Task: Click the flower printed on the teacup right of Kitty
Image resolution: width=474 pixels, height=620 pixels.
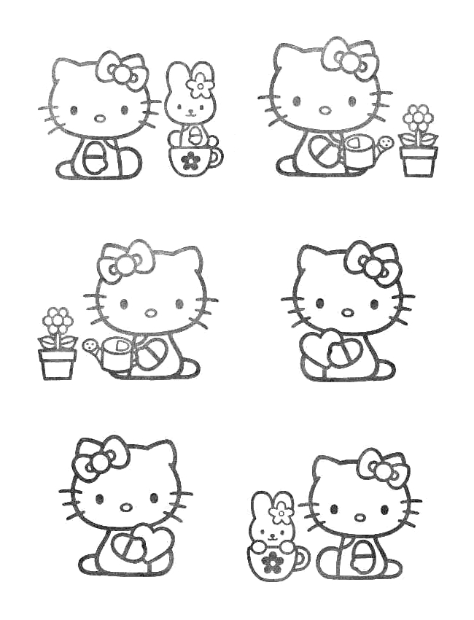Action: click(x=190, y=160)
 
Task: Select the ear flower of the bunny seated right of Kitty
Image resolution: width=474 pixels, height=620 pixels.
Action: click(x=199, y=85)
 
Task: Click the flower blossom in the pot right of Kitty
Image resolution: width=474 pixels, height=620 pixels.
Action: click(x=418, y=117)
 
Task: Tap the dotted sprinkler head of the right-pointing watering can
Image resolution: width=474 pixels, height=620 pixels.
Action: click(x=386, y=142)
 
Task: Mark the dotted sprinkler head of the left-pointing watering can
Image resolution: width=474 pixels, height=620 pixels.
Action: click(x=90, y=346)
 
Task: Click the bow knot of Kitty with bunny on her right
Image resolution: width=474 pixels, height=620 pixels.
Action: click(x=121, y=71)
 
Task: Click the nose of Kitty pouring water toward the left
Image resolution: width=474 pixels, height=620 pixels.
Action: click(x=150, y=313)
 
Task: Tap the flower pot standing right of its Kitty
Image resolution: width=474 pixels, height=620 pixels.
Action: click(x=419, y=160)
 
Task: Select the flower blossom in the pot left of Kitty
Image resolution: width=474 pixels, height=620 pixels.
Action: click(x=58, y=321)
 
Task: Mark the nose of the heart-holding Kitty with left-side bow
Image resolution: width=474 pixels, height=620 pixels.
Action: click(x=126, y=507)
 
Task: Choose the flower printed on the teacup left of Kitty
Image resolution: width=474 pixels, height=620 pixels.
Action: click(x=273, y=561)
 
